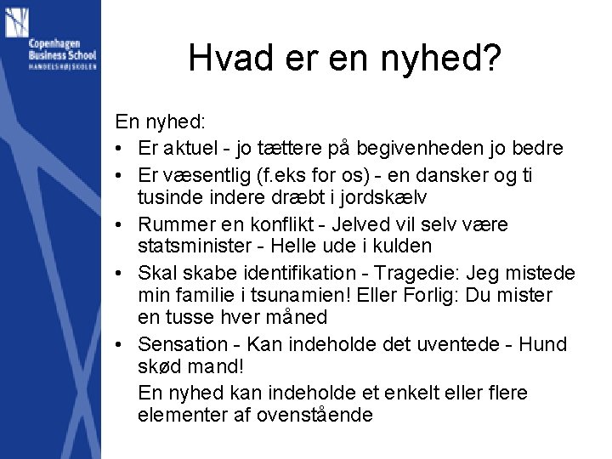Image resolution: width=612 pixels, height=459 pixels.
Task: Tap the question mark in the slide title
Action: click(x=491, y=59)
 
